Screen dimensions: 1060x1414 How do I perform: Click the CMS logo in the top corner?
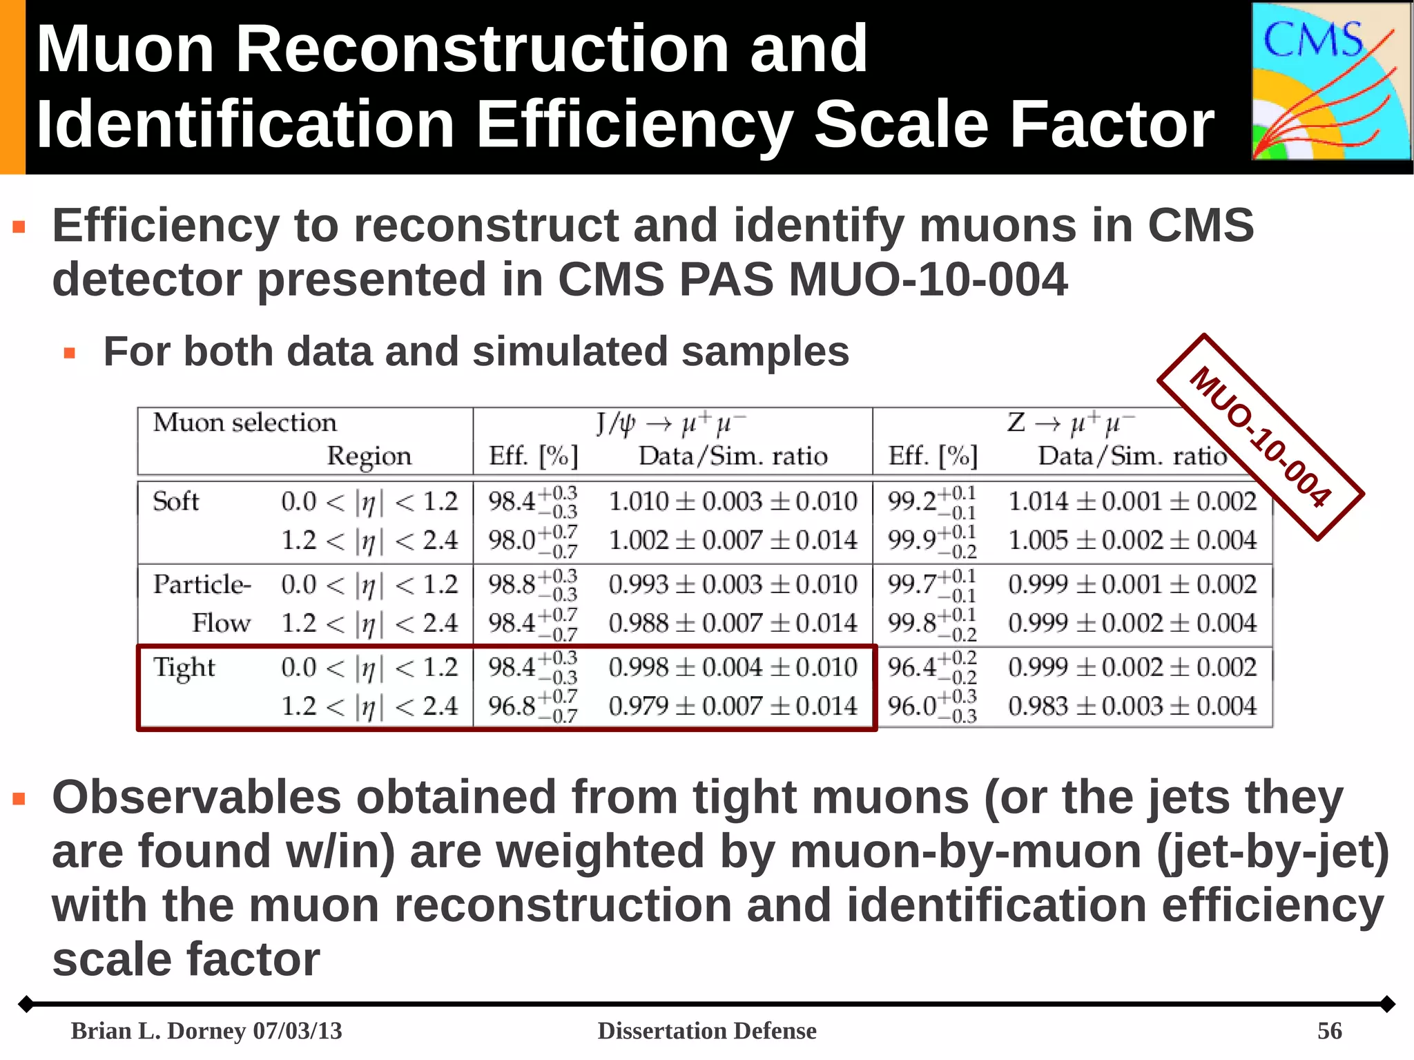(1330, 81)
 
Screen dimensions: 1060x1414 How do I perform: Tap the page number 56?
(1329, 1031)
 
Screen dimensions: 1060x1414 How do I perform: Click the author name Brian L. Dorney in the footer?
(159, 1031)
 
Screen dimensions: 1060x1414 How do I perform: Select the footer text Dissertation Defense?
(706, 1031)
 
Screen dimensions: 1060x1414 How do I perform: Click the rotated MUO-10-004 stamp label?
(1260, 437)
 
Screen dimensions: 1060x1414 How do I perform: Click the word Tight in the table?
(184, 668)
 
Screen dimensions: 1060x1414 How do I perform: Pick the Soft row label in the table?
(175, 501)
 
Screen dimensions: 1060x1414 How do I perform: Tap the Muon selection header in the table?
(244, 422)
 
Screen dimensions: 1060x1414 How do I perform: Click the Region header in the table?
(369, 456)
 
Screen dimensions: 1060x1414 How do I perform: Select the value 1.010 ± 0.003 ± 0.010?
(733, 501)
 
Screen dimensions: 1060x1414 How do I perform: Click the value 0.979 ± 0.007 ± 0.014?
(733, 706)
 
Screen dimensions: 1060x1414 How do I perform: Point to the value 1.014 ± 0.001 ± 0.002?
(1132, 501)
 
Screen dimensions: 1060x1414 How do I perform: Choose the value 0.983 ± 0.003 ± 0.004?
(1132, 706)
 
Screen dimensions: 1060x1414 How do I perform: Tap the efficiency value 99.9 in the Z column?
(912, 540)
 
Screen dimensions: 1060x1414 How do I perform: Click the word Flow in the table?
(221, 624)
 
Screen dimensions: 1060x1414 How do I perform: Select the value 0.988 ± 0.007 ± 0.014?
(733, 624)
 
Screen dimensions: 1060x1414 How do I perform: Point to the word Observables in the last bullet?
(197, 798)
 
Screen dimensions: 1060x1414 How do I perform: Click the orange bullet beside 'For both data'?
(69, 354)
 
